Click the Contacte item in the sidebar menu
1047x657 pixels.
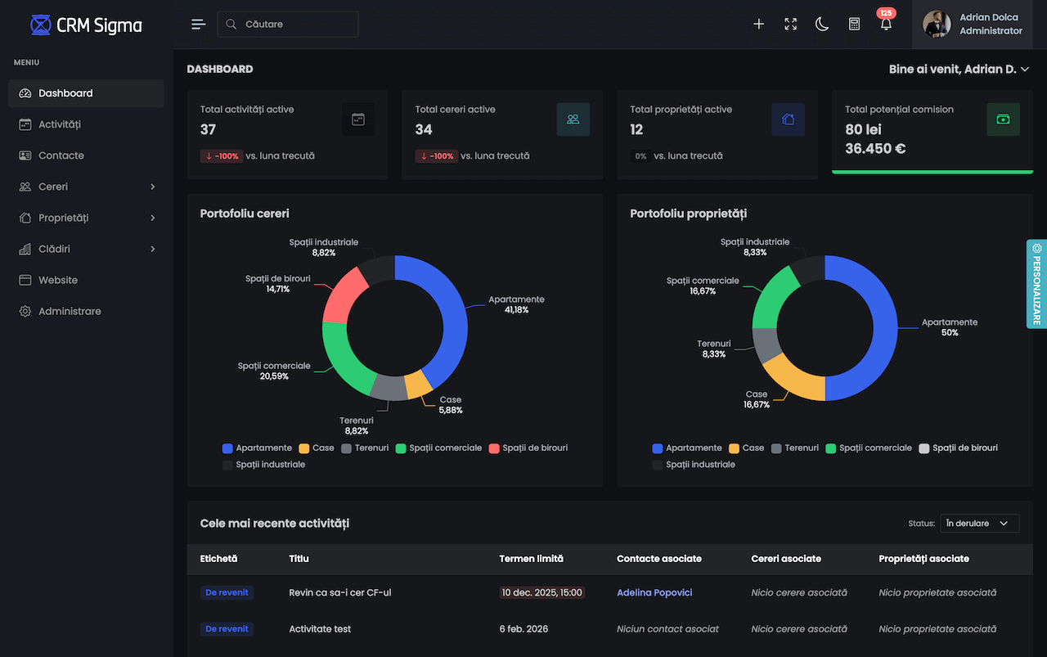(61, 155)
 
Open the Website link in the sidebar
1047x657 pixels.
(58, 280)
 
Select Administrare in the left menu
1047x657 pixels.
(70, 311)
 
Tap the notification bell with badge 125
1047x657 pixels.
(886, 24)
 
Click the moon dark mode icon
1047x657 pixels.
(822, 24)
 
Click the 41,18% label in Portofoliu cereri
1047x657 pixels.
(516, 310)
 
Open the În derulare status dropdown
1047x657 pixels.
(979, 524)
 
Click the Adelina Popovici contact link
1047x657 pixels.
(654, 592)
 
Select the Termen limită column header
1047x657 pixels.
(531, 559)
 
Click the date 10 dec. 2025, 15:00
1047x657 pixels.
(541, 592)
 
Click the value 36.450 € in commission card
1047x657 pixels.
(875, 149)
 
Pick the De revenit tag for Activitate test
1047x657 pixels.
(227, 629)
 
